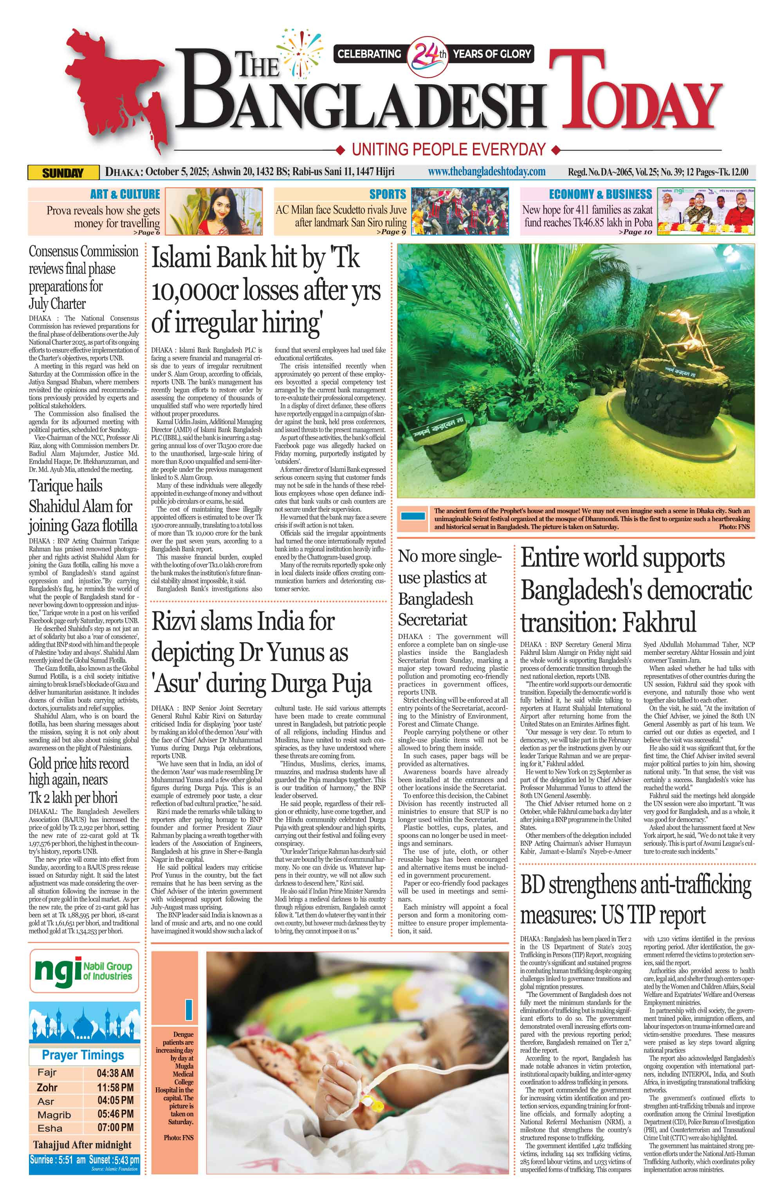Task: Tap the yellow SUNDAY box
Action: click(x=63, y=173)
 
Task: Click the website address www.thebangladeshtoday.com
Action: click(x=487, y=172)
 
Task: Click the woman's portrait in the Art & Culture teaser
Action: click(x=214, y=211)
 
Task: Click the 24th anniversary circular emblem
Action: click(x=428, y=54)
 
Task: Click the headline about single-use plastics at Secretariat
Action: click(x=449, y=587)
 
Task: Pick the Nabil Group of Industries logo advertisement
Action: click(x=84, y=971)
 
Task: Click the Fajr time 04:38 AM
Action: click(x=115, y=1073)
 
